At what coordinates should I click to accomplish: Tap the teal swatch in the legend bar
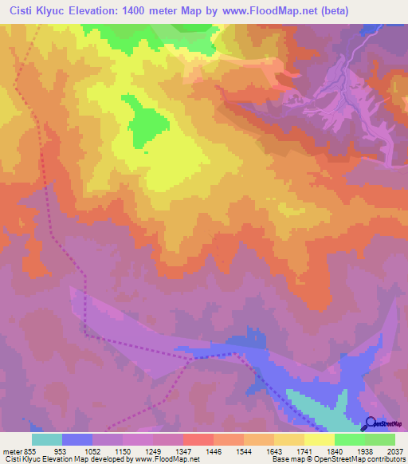click(47, 438)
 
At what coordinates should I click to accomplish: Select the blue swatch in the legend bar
click(77, 438)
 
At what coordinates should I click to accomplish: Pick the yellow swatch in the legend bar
click(320, 438)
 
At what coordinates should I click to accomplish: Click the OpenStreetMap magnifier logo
click(371, 423)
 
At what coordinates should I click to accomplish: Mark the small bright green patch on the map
click(147, 121)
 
